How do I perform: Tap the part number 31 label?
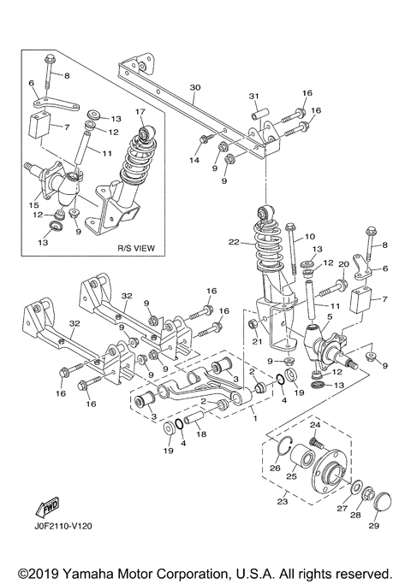point(253,95)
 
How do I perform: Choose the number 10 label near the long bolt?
point(310,236)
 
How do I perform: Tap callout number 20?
point(343,263)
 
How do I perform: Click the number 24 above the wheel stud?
point(313,425)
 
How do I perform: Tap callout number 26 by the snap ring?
point(275,468)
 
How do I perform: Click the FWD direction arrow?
point(46,509)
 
